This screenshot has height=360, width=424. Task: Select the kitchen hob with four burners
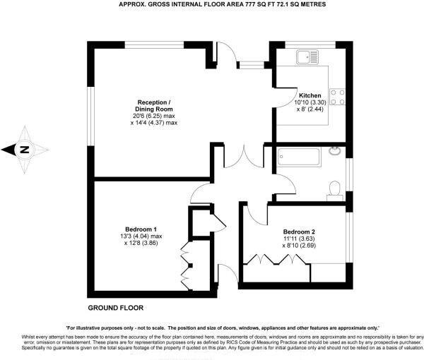pos(337,95)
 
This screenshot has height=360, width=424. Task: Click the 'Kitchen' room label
pos(310,95)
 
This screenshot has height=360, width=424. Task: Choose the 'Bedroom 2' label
pos(299,232)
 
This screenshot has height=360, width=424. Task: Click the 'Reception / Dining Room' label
pos(134,105)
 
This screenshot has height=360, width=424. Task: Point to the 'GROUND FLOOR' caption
pos(115,308)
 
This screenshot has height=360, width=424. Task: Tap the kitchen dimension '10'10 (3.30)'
pos(310,103)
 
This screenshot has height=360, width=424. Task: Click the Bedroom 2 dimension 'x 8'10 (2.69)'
pos(299,246)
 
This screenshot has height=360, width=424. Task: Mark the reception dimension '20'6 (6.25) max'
pos(134,116)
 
